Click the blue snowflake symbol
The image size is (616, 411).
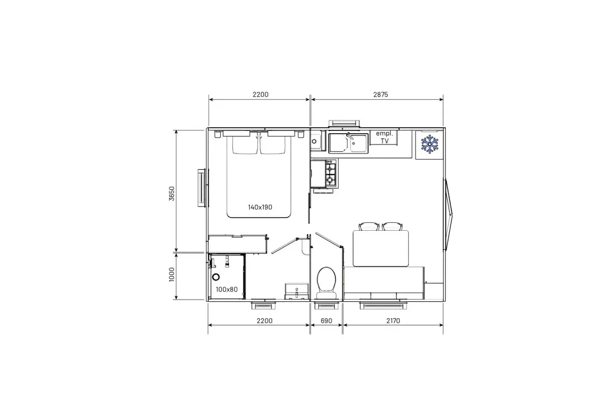[430, 144]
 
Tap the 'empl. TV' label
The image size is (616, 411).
[384, 137]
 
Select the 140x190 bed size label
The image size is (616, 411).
[260, 207]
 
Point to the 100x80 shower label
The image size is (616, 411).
[227, 289]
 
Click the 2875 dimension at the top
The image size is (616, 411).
[380, 94]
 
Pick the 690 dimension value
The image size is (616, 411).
[326, 321]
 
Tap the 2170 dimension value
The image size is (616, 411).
[393, 321]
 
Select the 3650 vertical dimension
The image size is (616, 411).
[172, 193]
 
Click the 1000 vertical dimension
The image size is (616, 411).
[172, 274]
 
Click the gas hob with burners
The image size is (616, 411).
[330, 173]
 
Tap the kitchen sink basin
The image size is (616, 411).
[348, 143]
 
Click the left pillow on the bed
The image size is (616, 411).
[245, 143]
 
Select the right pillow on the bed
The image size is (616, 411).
[273, 143]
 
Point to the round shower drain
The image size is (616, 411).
[216, 277]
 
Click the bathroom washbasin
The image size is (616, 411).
[297, 291]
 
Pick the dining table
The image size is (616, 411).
[381, 248]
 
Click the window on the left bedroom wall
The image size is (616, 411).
[202, 188]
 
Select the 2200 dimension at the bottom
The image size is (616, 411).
[264, 321]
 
